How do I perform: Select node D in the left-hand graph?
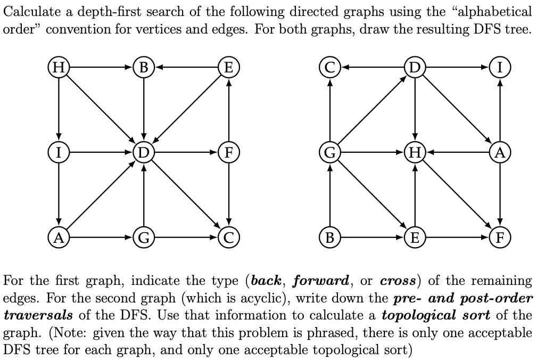coord(144,152)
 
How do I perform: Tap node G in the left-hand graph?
coord(144,236)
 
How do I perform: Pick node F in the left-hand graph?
coord(228,152)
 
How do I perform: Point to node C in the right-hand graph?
coord(330,68)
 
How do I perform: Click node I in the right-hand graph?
coord(500,68)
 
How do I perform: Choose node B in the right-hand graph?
coord(330,236)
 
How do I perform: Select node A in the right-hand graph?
coord(500,152)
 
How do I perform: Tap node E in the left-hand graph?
coord(228,68)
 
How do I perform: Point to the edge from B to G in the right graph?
coord(330,195)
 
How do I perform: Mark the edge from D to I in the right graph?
coord(458,68)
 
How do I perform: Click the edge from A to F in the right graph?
coord(500,194)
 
